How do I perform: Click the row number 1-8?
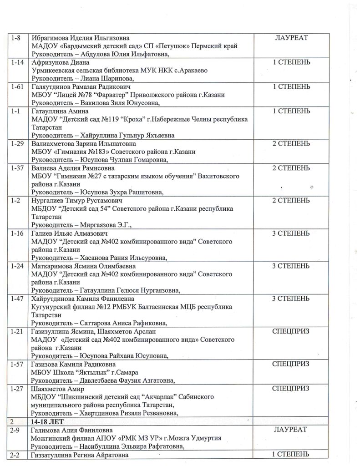16,38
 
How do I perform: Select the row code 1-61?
17,86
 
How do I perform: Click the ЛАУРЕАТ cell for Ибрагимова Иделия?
292,38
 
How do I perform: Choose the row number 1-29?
17,143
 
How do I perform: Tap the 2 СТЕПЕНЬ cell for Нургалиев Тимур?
292,200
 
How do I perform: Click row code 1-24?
17,266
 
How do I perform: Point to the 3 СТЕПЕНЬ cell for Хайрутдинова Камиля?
292,299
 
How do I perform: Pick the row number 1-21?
17,331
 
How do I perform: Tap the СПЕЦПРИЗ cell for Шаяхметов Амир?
291,389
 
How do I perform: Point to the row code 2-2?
16,455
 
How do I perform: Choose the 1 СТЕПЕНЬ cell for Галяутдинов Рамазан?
292,86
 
